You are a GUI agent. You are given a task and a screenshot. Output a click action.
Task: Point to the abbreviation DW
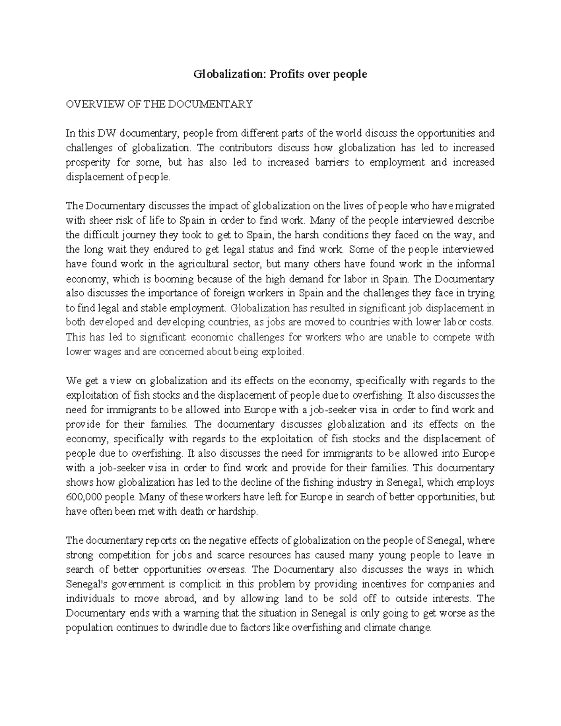(106, 133)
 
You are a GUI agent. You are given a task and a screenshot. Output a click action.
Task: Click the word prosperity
(88, 162)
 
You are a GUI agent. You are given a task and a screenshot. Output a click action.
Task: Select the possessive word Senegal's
(86, 584)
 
